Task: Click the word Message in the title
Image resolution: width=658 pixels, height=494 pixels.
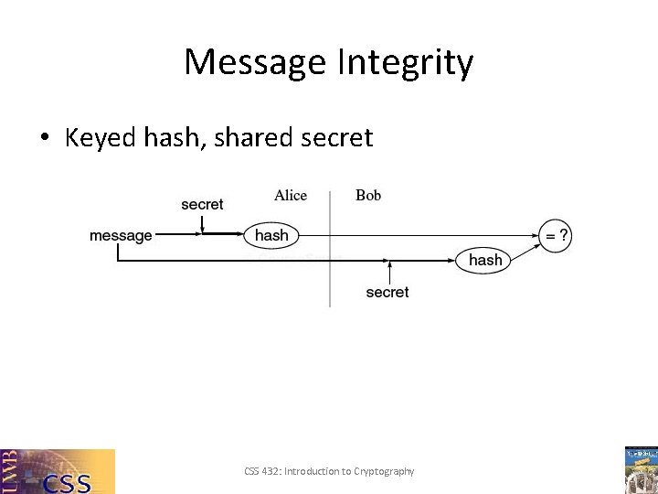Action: [x=253, y=63]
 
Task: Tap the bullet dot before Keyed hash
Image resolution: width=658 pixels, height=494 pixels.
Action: [x=43, y=138]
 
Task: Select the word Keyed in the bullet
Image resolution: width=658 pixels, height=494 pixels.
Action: [x=101, y=138]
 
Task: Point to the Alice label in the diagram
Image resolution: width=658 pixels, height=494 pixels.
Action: [x=291, y=195]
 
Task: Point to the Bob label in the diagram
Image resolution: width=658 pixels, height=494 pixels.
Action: [x=368, y=195]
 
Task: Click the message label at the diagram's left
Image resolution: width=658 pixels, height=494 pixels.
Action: [x=121, y=236]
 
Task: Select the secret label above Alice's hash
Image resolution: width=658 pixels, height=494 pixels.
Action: [x=202, y=204]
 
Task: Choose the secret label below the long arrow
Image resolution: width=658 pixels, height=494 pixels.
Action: [x=387, y=292]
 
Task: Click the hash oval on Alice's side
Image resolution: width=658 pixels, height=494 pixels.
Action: [x=271, y=235]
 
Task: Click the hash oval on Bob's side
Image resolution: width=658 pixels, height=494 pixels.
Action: [x=484, y=260]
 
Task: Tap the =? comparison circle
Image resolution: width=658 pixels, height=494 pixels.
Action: [x=556, y=235]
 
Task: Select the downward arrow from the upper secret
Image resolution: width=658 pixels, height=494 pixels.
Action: [x=203, y=222]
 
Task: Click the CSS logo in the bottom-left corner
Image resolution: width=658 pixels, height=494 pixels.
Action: [x=58, y=471]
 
